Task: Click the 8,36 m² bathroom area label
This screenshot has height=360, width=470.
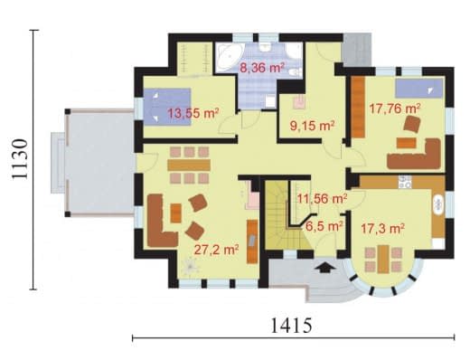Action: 262,68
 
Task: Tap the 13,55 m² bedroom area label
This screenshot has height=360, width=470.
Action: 193,113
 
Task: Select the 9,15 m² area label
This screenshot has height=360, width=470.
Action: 313,126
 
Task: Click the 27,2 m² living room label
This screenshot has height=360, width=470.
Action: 216,250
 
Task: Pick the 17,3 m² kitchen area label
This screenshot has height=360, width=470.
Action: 382,229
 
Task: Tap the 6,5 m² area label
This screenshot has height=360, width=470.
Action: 324,225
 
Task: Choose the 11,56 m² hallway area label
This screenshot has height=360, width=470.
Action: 322,199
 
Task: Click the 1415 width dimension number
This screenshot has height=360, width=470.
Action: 291,326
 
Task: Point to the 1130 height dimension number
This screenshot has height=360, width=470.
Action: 20,159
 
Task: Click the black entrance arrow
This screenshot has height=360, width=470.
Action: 323,267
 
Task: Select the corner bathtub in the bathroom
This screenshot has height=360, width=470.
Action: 229,56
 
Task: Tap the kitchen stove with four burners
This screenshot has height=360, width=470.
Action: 405,182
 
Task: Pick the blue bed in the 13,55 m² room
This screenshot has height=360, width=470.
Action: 167,107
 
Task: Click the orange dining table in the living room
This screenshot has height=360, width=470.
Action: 189,165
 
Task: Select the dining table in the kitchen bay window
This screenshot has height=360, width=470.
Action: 383,260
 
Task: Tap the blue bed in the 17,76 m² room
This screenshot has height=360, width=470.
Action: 419,89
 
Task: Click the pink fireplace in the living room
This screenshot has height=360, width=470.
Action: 251,196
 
